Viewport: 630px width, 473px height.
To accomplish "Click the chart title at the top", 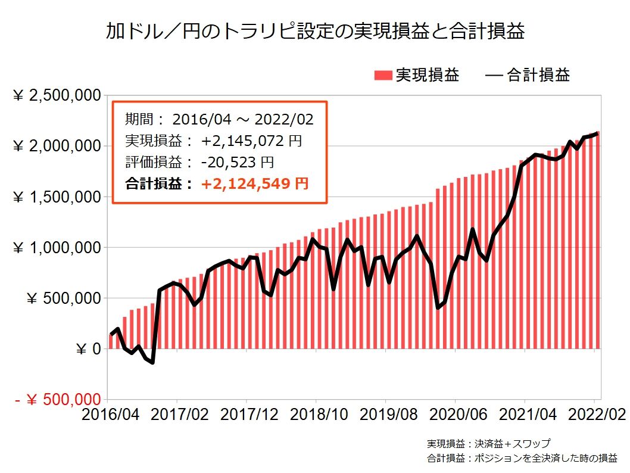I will point(315,30).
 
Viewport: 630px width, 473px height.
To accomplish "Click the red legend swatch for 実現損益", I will point(383,75).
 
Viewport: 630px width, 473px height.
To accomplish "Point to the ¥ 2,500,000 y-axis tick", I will point(56,96).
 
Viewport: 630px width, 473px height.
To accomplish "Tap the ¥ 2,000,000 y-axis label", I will point(56,147).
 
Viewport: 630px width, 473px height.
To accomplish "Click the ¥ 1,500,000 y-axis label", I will point(56,197).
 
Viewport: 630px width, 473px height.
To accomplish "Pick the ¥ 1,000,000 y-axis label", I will point(56,248).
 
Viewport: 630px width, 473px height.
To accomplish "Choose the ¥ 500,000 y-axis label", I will point(62,298).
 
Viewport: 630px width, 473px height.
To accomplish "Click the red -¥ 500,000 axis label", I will point(56,400).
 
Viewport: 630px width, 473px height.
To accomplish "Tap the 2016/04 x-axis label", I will point(107,413).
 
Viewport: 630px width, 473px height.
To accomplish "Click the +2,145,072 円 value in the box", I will point(251,141).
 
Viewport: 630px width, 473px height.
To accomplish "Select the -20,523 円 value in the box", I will point(237,162).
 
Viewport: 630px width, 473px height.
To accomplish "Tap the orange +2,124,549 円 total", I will point(255,183).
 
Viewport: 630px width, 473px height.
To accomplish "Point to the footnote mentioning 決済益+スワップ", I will point(488,444).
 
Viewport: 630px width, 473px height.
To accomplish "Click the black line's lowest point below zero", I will point(152,362).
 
